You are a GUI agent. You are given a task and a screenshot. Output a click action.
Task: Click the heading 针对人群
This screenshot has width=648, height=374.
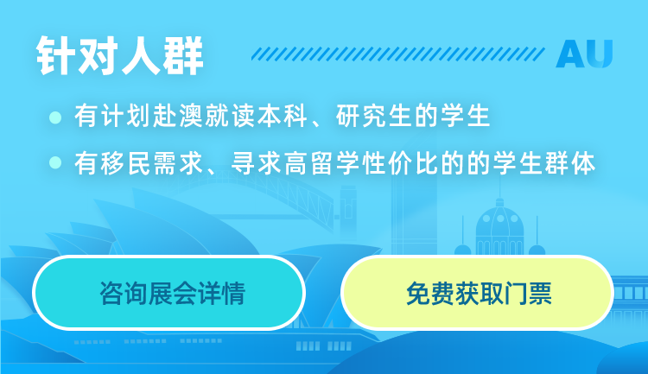pos(120,56)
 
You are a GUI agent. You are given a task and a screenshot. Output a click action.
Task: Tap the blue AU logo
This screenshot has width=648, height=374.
pos(584,54)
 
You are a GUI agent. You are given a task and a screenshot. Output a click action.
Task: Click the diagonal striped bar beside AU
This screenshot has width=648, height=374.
pos(398,54)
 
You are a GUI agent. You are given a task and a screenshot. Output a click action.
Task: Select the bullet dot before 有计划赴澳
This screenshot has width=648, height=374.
pos(55,117)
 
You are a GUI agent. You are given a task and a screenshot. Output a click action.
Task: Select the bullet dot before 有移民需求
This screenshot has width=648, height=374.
pos(55,162)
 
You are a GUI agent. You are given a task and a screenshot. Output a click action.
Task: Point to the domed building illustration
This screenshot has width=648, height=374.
pos(499,226)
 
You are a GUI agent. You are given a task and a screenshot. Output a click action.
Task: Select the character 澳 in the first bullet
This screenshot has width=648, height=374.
pos(192,116)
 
